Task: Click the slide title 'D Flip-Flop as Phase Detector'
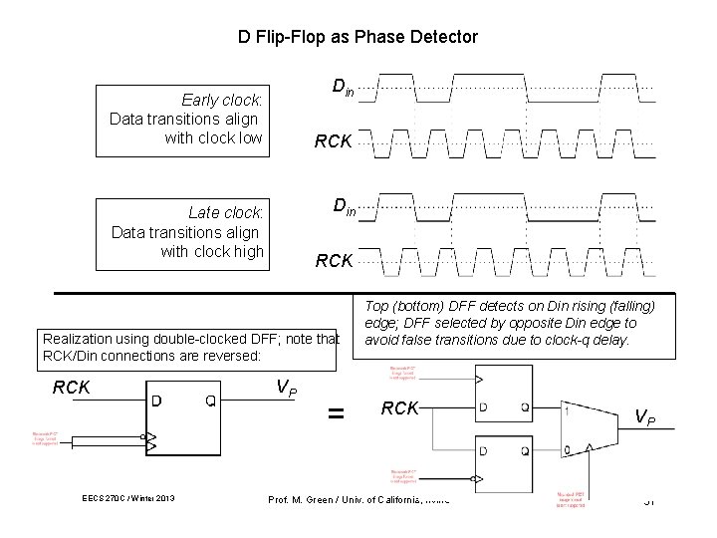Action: [358, 37]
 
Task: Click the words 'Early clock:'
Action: [222, 100]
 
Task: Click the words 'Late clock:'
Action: [226, 212]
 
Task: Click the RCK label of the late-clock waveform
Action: [334, 261]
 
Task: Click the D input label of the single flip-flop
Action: [157, 402]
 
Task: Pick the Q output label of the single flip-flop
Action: [211, 402]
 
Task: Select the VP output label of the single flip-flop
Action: [285, 389]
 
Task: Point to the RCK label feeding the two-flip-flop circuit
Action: [400, 407]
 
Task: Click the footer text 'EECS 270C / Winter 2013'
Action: [129, 499]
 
